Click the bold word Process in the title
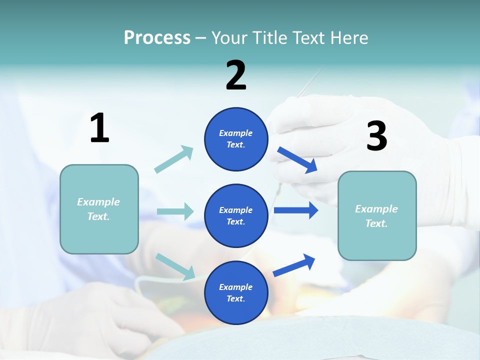(x=157, y=38)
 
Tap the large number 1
(x=99, y=128)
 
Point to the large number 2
(x=236, y=75)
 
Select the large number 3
(x=376, y=136)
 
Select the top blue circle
(x=236, y=139)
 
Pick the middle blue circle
(x=236, y=215)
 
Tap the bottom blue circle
(x=236, y=292)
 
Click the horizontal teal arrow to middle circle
(x=175, y=211)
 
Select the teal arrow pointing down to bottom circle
(x=175, y=266)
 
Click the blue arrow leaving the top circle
(x=297, y=159)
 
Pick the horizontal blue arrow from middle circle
(x=296, y=210)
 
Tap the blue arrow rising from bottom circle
(x=294, y=265)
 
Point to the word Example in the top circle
(x=236, y=133)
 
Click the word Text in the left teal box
(x=98, y=216)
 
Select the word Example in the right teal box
(x=376, y=209)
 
